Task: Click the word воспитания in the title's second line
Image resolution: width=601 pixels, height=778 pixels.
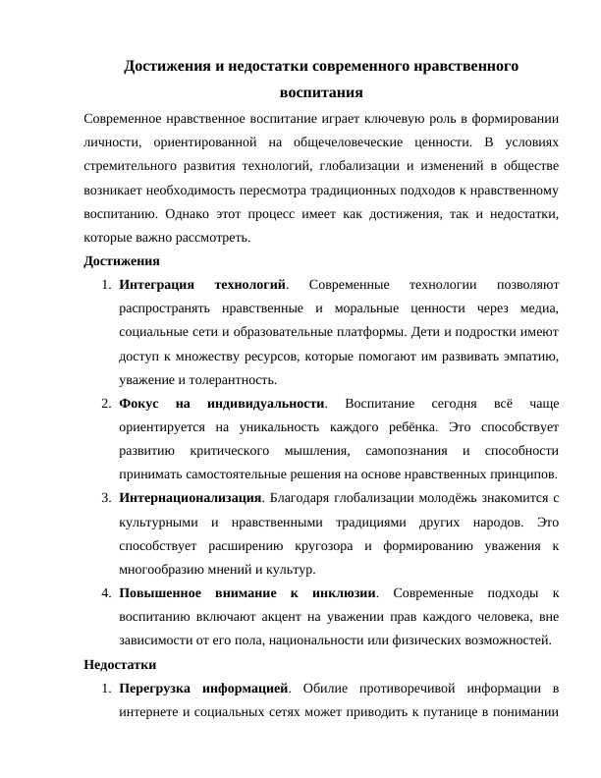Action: click(321, 93)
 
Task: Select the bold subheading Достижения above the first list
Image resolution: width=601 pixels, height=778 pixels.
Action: click(122, 261)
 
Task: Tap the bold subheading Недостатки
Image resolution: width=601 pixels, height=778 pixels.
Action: click(121, 665)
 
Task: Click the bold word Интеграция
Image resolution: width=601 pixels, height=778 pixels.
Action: click(156, 285)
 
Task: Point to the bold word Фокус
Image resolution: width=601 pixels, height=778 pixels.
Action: click(138, 404)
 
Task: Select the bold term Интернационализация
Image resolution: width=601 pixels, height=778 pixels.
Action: click(191, 498)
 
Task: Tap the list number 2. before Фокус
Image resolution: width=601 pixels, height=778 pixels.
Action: click(106, 404)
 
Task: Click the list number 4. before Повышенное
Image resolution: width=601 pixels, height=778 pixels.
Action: click(106, 593)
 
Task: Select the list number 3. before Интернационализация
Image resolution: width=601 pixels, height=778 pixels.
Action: click(106, 498)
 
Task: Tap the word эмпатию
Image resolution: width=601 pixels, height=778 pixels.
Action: click(531, 356)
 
